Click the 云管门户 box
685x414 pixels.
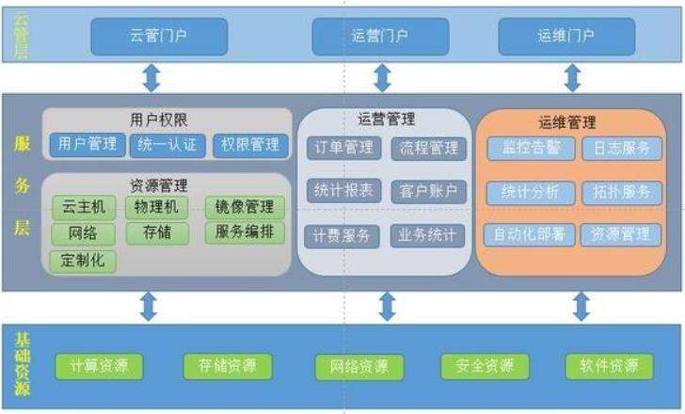[x=159, y=37]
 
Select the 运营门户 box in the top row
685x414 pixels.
[x=380, y=37]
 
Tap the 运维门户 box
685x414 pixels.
[x=566, y=37]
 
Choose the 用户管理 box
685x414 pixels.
[x=87, y=145]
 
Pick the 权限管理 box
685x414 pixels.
[x=249, y=145]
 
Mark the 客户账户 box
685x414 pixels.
[x=428, y=191]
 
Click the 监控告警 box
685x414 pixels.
[x=524, y=149]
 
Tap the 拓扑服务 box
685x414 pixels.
[x=621, y=192]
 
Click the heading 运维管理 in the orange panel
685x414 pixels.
[x=567, y=122]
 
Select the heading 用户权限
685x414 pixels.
[x=160, y=119]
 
